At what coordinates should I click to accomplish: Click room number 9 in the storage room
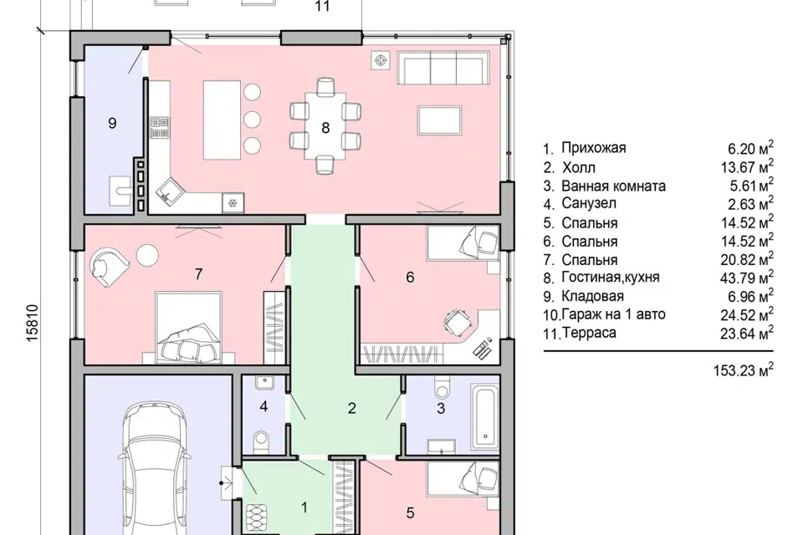[x=112, y=123]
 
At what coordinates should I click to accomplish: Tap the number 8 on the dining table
[x=325, y=127]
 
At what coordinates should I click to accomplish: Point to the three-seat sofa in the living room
[x=443, y=68]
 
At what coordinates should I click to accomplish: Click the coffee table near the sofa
[x=440, y=120]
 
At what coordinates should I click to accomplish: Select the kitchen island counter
[x=222, y=120]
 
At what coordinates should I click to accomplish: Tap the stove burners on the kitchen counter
[x=159, y=128]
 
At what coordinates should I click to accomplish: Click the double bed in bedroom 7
[x=188, y=328]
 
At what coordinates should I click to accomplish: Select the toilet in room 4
[x=261, y=441]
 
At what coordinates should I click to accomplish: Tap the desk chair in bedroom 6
[x=456, y=323]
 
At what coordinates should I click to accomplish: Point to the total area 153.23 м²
[x=743, y=369]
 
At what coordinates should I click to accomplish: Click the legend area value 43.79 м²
[x=747, y=278]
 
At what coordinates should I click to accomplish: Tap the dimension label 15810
[x=32, y=324]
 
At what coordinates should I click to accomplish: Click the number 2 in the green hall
[x=351, y=408]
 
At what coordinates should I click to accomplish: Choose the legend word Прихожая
[x=594, y=148]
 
